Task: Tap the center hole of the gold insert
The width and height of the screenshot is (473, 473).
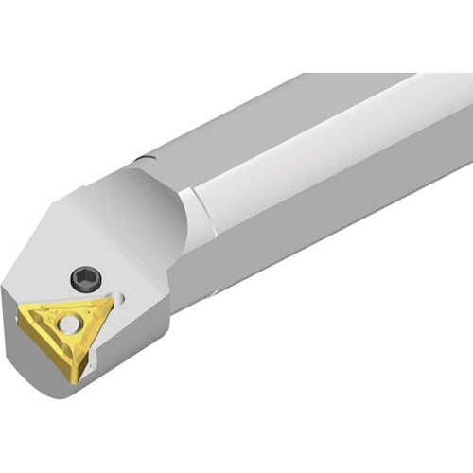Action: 68,324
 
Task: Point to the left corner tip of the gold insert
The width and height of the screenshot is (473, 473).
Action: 21,313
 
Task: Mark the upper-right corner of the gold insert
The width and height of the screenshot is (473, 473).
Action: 110,303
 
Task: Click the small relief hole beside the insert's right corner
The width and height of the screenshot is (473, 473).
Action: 119,297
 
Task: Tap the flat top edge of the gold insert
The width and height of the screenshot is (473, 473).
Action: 66,306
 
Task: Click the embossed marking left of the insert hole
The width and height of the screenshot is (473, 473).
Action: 49,323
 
